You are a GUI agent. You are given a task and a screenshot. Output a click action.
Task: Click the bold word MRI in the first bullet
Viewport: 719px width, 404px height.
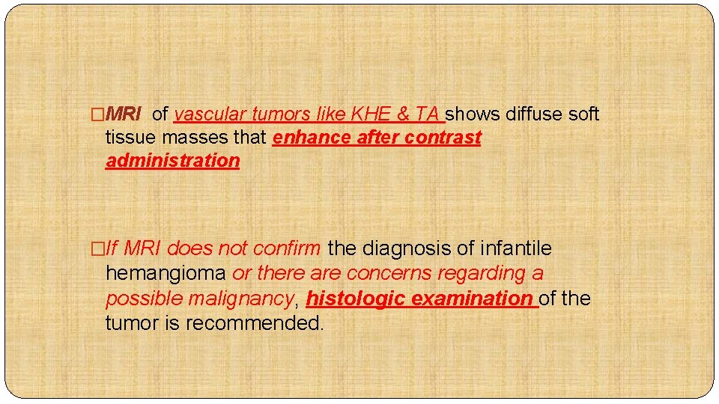pyautogui.click(x=124, y=114)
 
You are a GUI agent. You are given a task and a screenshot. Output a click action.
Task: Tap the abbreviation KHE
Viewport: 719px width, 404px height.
pyautogui.click(x=371, y=114)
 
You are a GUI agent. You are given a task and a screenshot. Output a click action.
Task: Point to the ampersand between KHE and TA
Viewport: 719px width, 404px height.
pyautogui.click(x=402, y=114)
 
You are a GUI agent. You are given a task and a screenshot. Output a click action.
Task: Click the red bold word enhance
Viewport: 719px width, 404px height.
pyautogui.click(x=312, y=138)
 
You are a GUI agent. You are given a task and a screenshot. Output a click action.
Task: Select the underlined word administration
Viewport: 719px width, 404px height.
pyautogui.click(x=172, y=161)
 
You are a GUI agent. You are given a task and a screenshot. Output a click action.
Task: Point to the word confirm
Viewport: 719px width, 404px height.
pyautogui.click(x=287, y=248)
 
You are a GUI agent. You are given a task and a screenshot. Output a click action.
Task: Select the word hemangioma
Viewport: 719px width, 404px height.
pyautogui.click(x=166, y=274)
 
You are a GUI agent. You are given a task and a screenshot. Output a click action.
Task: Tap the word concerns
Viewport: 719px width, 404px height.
pyautogui.click(x=389, y=274)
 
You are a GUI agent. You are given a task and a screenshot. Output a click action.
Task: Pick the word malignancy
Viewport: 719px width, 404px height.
pyautogui.click(x=244, y=299)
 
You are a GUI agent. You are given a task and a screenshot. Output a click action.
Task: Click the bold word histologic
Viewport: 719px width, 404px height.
pyautogui.click(x=357, y=299)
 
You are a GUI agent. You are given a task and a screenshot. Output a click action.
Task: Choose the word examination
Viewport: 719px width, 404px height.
pyautogui.click(x=472, y=299)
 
